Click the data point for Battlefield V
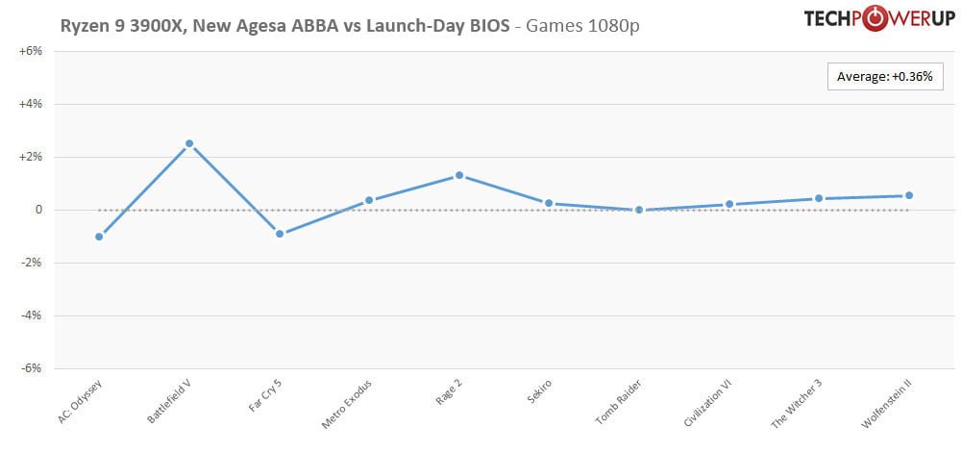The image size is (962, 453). click(x=189, y=143)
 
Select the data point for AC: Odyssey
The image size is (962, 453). click(x=99, y=237)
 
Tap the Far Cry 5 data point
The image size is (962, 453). click(x=280, y=234)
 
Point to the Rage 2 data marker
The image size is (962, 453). click(x=459, y=175)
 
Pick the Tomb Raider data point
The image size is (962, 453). click(x=639, y=210)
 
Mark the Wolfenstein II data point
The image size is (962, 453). click(x=909, y=195)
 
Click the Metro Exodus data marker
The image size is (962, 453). click(x=369, y=200)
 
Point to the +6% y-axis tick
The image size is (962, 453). click(x=31, y=51)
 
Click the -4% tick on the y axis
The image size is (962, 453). click(x=31, y=315)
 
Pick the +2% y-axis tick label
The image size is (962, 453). click(x=31, y=157)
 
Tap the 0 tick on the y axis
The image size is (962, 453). click(x=37, y=210)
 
